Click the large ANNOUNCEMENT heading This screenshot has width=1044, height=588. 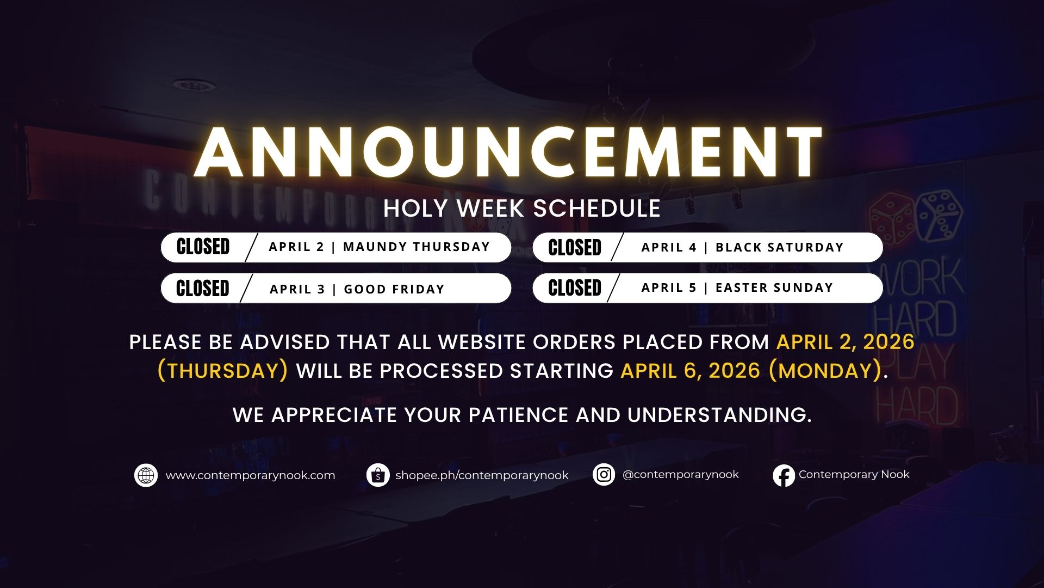[508, 153]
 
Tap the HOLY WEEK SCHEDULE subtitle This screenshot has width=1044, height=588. [522, 209]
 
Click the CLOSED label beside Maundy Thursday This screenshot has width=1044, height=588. [203, 247]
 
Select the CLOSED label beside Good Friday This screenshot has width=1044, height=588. [203, 289]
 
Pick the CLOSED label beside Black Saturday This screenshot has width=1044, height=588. [575, 248]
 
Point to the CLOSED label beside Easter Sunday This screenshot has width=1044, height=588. [575, 288]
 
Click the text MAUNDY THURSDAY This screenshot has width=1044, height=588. [417, 247]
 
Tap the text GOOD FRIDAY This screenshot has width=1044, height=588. [394, 289]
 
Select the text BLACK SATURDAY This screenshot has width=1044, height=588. [780, 247]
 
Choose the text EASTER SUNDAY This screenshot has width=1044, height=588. [774, 287]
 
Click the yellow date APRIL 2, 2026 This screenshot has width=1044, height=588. [846, 342]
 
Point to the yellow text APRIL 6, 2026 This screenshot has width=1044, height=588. [690, 371]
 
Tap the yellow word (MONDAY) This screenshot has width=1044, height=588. [825, 371]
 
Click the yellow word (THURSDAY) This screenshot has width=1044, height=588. [223, 371]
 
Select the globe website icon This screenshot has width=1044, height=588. [146, 475]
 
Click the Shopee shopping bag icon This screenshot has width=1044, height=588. [378, 475]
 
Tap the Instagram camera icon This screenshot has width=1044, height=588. [604, 475]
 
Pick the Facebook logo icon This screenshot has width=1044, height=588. [784, 475]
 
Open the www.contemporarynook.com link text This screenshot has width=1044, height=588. [250, 475]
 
